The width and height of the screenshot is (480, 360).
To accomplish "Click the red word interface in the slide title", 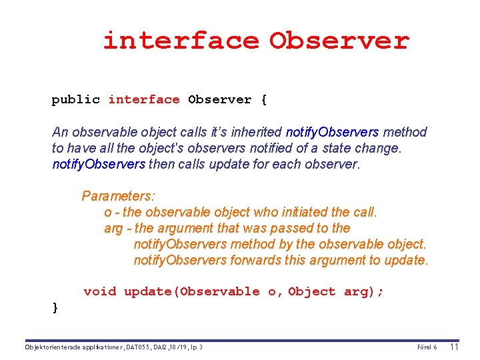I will pos(180,41).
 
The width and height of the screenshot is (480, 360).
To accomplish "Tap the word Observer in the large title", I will pos(339,41).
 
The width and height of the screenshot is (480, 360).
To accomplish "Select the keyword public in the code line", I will pos(76,100).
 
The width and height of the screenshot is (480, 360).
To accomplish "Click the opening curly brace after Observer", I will pos(264,100).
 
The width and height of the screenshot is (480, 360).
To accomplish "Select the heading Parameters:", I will pos(118,196).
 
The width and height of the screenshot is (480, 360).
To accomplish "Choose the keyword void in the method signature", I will pos(100,291).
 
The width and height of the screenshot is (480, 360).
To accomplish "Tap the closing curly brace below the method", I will pos(55,307).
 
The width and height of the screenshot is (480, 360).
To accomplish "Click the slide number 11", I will pos(455,347).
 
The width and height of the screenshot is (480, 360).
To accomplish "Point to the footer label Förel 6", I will pos(427,347).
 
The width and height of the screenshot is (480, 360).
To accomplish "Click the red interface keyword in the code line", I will pos(144,100).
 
